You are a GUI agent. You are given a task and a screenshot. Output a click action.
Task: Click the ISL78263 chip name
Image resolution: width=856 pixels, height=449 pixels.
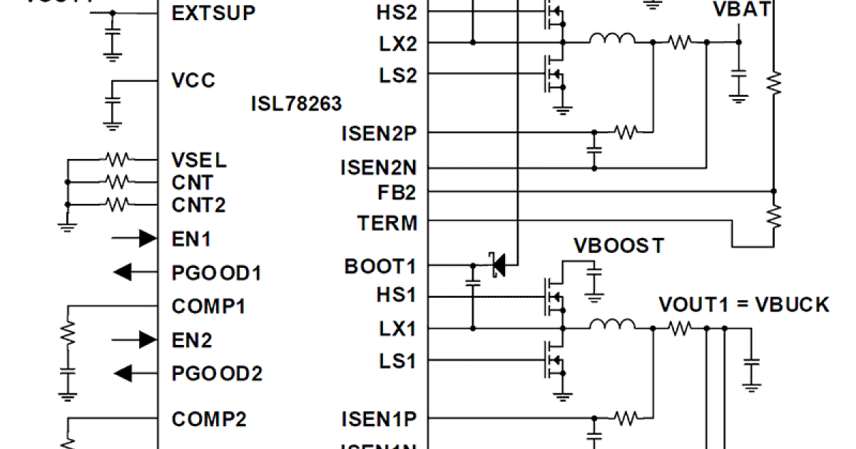[296, 103]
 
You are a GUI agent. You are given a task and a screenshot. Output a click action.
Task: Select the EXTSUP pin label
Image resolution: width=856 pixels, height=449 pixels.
[213, 13]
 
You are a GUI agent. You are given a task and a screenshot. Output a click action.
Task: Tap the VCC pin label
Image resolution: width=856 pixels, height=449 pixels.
[193, 79]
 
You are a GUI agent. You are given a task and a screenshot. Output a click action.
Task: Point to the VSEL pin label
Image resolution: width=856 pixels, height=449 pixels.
[199, 159]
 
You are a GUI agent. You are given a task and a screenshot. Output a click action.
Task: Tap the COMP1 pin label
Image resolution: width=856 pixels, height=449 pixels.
[209, 306]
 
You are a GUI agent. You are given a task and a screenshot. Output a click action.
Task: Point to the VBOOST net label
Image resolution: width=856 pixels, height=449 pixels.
[619, 246]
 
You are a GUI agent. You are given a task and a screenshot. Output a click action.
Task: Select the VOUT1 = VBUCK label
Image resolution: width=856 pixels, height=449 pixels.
[743, 305]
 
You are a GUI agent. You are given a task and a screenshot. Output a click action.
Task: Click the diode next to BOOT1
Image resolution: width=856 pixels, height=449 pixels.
[497, 265]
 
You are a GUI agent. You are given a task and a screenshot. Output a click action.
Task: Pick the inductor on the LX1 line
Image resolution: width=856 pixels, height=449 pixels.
[612, 326]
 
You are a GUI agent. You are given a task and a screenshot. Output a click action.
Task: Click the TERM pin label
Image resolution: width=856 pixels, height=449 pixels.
[387, 223]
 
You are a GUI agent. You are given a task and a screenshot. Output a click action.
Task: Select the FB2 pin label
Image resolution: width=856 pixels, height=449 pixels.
[397, 192]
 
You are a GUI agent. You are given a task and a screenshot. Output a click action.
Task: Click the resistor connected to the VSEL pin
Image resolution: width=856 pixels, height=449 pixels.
[116, 158]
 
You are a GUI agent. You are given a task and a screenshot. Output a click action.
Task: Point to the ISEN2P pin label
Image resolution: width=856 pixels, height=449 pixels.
[379, 133]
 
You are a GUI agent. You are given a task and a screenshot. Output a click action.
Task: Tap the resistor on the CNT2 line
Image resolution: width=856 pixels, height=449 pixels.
[116, 205]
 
